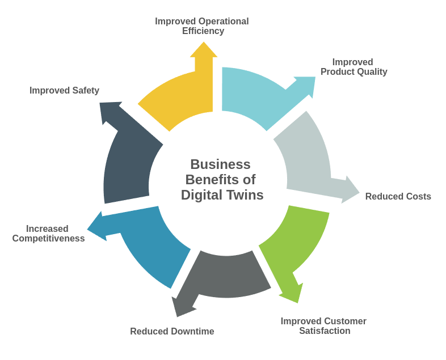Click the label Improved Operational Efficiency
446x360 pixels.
point(202,26)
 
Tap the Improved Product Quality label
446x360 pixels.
point(354,67)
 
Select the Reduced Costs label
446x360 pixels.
point(398,197)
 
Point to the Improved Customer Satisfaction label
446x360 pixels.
point(323,326)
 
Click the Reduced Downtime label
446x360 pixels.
point(172,332)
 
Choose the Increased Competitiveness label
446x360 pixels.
point(48,234)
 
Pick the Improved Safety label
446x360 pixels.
point(64,91)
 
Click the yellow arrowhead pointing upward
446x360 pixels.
point(204,50)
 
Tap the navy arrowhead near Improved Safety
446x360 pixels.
point(109,111)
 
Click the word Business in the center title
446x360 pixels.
point(220,164)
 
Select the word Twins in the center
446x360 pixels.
point(243,195)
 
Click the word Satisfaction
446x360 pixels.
point(325,331)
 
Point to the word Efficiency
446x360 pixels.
point(203,31)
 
